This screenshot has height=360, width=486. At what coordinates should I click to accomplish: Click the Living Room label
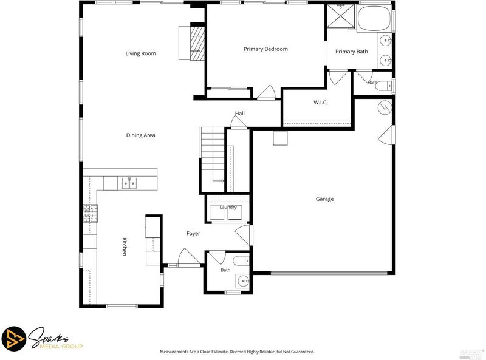click(x=140, y=53)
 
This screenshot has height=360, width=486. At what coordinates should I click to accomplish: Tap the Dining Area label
click(x=140, y=135)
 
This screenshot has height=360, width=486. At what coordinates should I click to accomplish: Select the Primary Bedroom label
click(x=265, y=49)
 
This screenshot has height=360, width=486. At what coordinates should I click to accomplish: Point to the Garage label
click(x=324, y=199)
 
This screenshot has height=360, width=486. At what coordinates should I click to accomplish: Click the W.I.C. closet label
click(x=321, y=103)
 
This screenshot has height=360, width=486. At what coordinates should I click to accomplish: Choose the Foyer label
click(x=193, y=233)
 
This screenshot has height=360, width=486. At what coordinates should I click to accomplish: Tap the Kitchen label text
click(x=124, y=246)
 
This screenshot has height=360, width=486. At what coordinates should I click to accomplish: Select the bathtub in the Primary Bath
click(x=375, y=18)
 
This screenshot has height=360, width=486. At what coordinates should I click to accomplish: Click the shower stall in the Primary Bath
click(x=341, y=16)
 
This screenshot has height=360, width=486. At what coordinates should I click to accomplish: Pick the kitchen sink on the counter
click(x=129, y=183)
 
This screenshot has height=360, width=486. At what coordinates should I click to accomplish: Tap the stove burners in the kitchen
click(x=90, y=213)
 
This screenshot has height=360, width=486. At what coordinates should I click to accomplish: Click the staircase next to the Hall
click(x=212, y=160)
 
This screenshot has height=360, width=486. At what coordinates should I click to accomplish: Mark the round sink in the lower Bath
click(x=242, y=282)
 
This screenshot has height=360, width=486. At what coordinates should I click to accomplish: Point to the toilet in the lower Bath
click(x=241, y=261)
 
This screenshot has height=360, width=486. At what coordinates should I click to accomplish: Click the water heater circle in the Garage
click(x=385, y=107)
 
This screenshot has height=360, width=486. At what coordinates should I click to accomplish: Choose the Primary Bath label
click(x=352, y=52)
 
